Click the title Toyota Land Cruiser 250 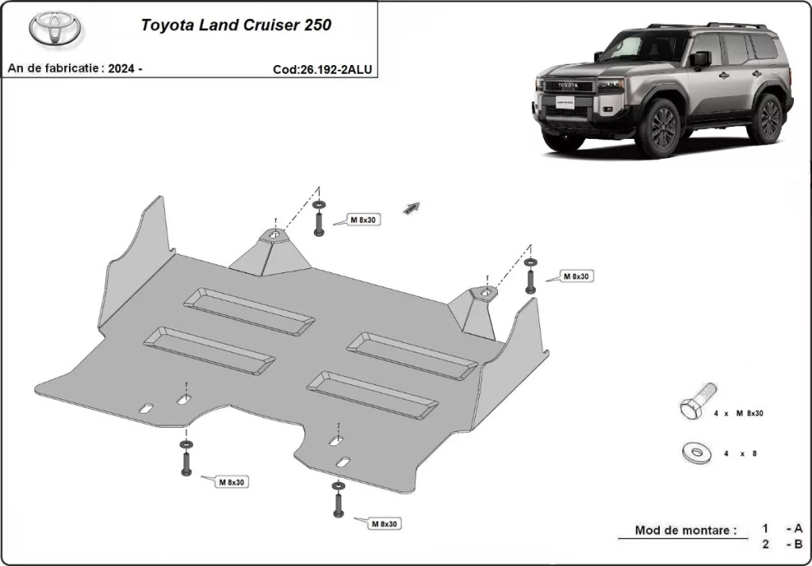click(236, 25)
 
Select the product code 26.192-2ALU click(322, 69)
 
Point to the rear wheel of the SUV click(768, 117)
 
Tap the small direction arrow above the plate click(411, 207)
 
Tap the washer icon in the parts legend click(695, 452)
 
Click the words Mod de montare click(685, 529)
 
